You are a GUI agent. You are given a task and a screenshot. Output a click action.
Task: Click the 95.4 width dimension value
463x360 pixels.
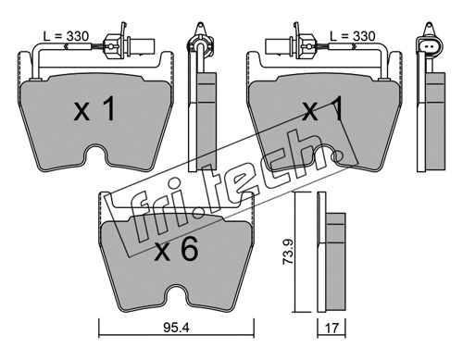pos(176,328)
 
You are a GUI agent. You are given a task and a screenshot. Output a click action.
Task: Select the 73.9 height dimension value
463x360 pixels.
pos(288,252)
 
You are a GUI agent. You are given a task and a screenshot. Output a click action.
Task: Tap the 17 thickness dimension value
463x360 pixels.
pos(332,328)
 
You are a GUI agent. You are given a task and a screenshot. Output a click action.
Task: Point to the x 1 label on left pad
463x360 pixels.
pos(94,108)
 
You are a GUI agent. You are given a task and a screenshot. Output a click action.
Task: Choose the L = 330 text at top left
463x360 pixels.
pos(66,36)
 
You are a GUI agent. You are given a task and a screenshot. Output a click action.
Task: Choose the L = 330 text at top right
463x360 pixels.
pos(353,36)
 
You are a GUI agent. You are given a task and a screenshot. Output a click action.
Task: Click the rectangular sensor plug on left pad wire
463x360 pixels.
pos(143,46)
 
